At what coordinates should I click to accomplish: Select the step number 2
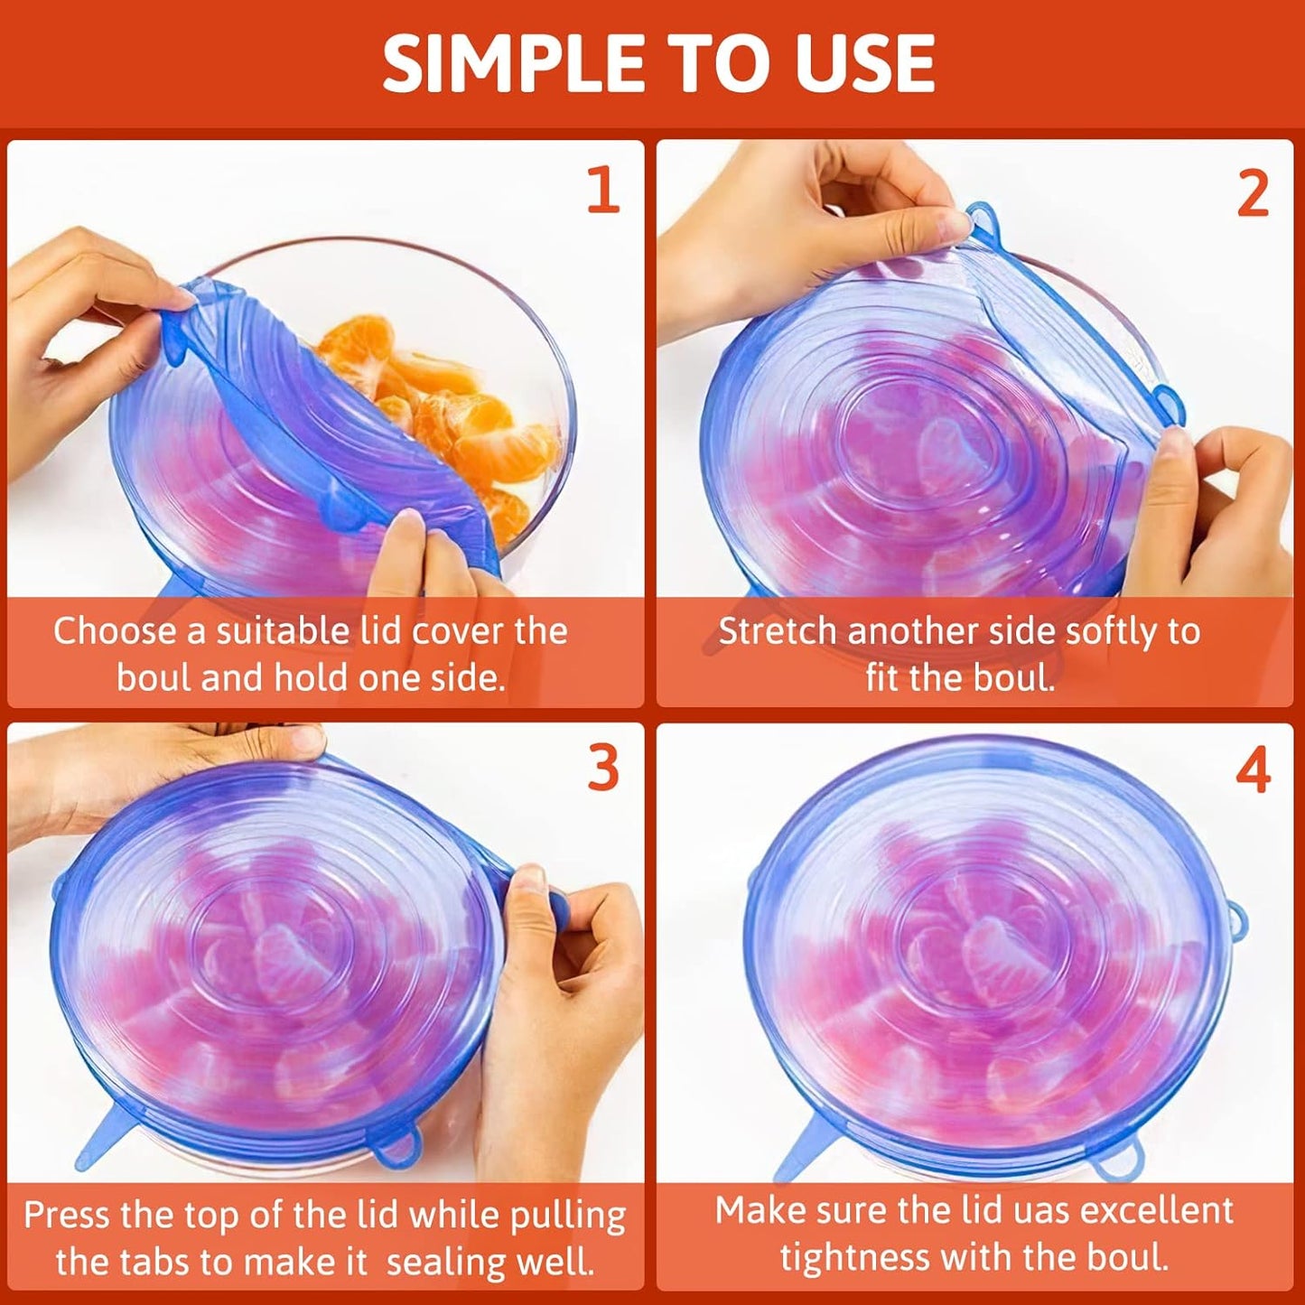1253,194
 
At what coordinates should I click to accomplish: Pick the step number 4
1254,772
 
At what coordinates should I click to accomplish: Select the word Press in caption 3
68,1215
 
